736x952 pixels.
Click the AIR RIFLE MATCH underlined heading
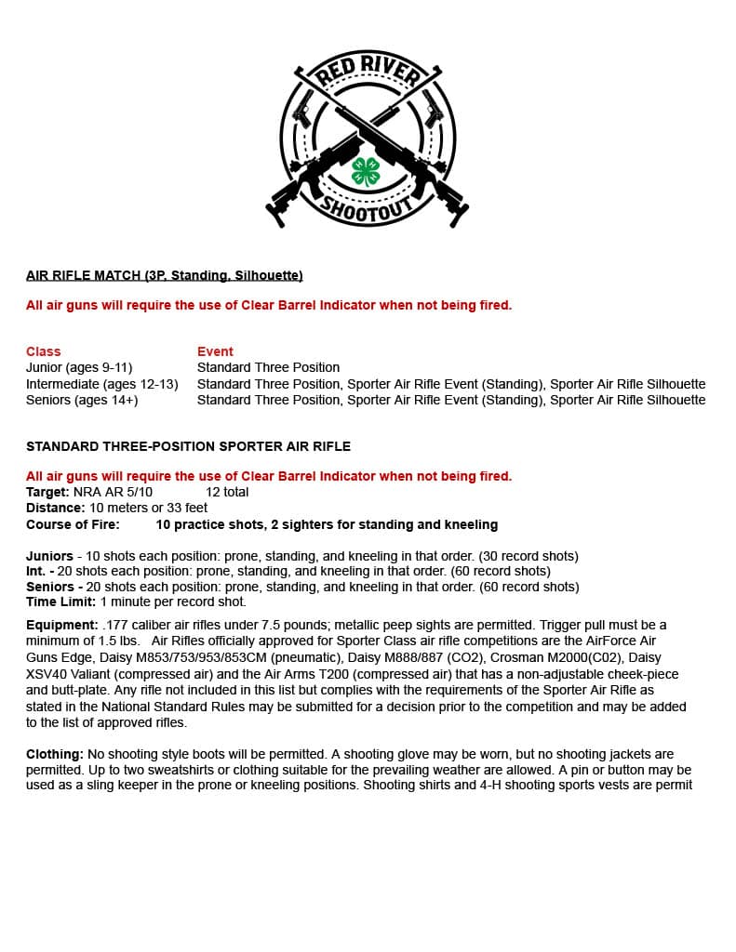coord(164,275)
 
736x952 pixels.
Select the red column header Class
coord(43,351)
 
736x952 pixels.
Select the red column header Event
coord(215,351)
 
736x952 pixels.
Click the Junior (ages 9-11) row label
coord(79,367)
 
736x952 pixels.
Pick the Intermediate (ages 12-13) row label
coord(101,384)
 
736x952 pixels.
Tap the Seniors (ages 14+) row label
coord(82,400)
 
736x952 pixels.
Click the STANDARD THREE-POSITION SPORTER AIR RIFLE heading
coord(188,446)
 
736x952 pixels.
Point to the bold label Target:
coord(47,492)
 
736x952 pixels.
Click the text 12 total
coord(227,492)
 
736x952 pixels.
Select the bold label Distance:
coord(56,508)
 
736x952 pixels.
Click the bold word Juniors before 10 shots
coord(49,556)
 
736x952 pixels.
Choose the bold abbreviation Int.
coord(36,571)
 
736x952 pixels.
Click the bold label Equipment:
coord(61,625)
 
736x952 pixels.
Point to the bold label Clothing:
coord(55,754)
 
